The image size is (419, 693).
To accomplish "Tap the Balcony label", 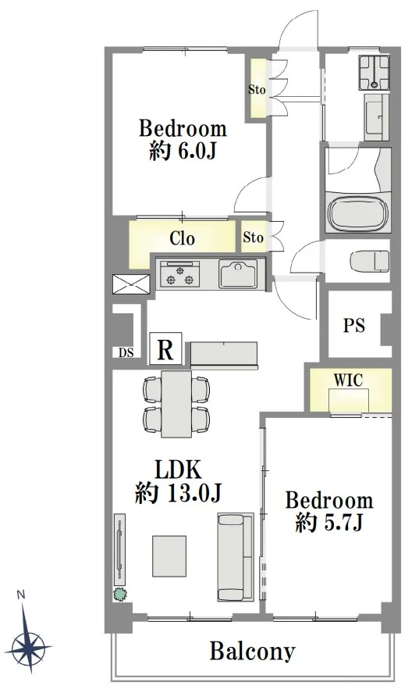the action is [252, 651].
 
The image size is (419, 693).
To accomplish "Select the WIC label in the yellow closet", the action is [348, 380].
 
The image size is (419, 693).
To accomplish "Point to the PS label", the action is [354, 325].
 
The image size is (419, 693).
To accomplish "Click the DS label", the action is [126, 352].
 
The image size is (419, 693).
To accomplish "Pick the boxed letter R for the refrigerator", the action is [165, 348].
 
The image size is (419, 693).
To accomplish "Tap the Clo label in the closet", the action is [183, 238].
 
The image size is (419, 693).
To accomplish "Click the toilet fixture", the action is [370, 261].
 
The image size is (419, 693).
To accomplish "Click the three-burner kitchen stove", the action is [179, 275].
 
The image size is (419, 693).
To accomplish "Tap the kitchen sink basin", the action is [238, 273].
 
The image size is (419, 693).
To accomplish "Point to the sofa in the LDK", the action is [236, 557].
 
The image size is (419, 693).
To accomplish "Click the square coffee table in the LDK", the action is [169, 556].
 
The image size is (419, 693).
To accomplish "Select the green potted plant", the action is [120, 595].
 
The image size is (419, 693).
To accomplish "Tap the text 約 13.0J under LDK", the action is [178, 493].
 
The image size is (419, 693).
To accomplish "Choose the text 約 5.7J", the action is [329, 523].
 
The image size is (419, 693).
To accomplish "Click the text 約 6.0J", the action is [183, 152].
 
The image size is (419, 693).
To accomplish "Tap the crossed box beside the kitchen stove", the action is [131, 284].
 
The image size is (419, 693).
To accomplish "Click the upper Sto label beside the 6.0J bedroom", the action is [257, 89].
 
